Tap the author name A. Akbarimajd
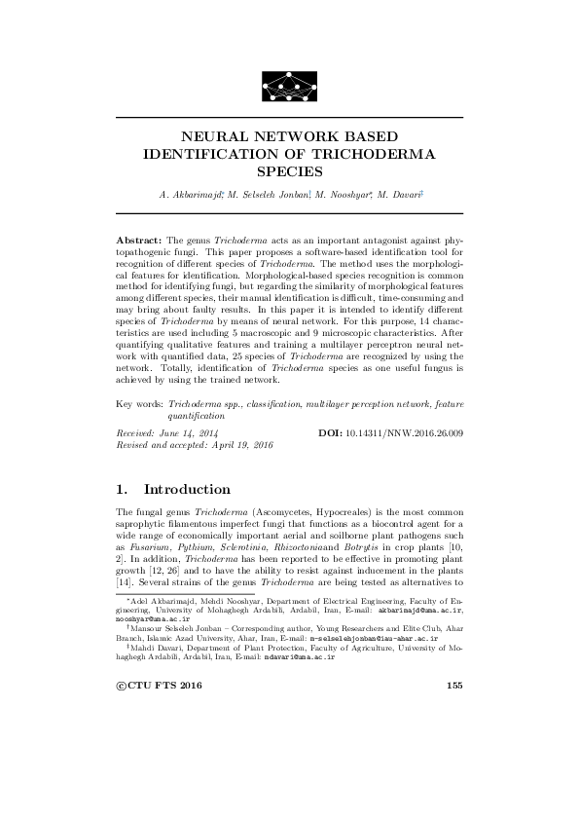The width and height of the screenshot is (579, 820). click(191, 195)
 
